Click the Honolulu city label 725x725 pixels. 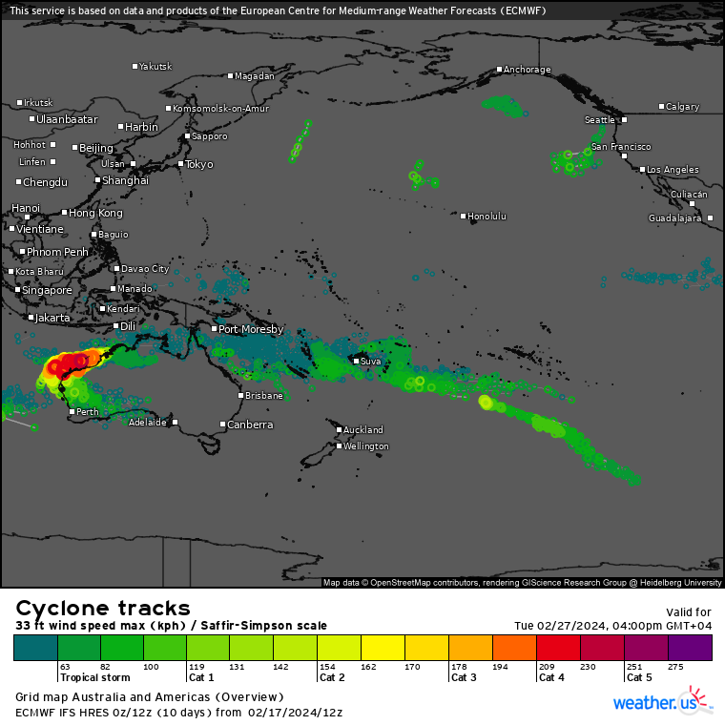[x=487, y=217]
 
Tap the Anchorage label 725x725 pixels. [x=527, y=70]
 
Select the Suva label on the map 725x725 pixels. [x=370, y=361]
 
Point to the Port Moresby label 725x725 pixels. [x=251, y=329]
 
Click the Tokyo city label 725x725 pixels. [x=198, y=164]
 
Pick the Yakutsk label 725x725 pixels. [x=155, y=67]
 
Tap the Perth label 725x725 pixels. [x=87, y=412]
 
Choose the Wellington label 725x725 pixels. [x=366, y=446]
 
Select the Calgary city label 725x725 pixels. [x=682, y=107]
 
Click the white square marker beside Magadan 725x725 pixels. [x=230, y=76]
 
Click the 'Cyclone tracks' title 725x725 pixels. [x=103, y=609]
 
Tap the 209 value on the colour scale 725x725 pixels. [x=546, y=668]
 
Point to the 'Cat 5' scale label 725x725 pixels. [x=639, y=678]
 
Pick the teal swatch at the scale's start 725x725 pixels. [x=36, y=648]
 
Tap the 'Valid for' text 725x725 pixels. [x=688, y=611]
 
